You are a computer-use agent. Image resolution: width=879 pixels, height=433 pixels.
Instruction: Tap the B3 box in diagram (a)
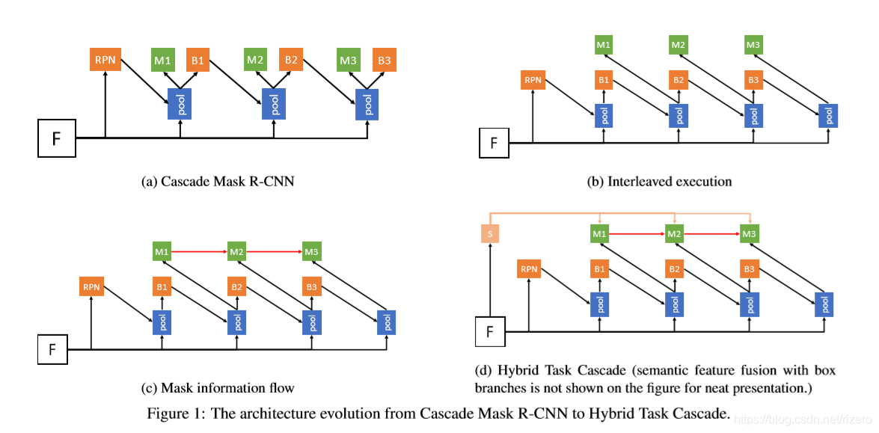[x=385, y=60]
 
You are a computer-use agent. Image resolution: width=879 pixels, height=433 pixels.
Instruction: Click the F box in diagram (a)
[x=58, y=138]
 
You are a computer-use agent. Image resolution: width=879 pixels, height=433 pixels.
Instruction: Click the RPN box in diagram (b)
[x=533, y=80]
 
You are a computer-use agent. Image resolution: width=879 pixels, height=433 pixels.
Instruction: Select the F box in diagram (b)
[x=493, y=142]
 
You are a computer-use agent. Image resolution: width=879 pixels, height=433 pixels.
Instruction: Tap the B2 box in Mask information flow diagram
[x=236, y=286]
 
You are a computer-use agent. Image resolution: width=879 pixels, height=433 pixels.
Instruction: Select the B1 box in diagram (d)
[x=600, y=268]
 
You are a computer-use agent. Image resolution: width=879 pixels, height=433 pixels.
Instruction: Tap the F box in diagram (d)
[x=491, y=331]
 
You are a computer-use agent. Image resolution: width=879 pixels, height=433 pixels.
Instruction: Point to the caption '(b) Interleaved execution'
[x=659, y=181]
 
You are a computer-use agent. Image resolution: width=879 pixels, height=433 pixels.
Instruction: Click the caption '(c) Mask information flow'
[x=218, y=387]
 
